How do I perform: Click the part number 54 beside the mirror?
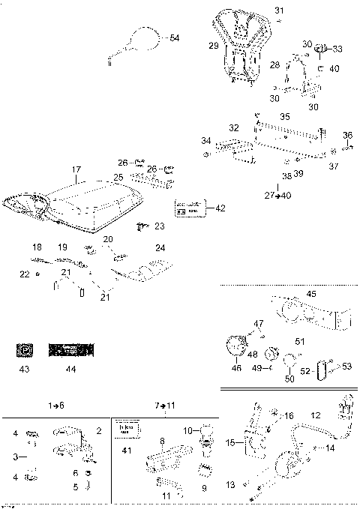tap(174, 37)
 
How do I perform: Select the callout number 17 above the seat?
tap(76, 169)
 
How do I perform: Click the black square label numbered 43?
tap(24, 349)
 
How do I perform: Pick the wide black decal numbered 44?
tap(72, 349)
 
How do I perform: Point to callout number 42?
tap(220, 208)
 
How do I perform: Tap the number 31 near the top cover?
tap(279, 10)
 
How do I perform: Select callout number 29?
tap(213, 46)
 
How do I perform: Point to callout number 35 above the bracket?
tap(284, 118)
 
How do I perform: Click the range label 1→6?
tap(57, 405)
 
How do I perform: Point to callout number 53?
tap(347, 367)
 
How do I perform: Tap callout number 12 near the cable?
tap(316, 415)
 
